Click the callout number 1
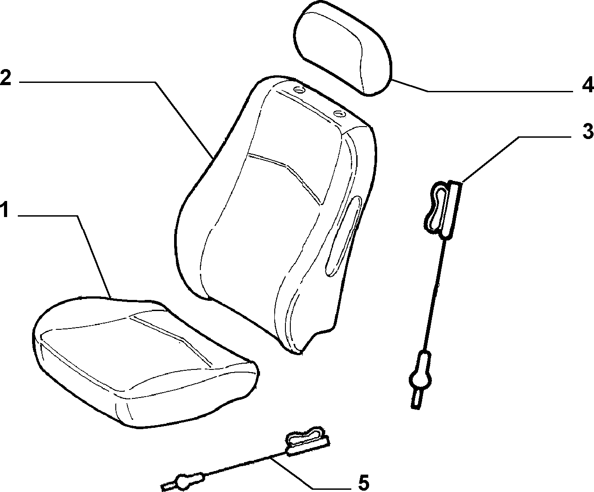coord(5,209)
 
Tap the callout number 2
coord(6,77)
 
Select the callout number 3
coord(587,131)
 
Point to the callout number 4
coord(587,85)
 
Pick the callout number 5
coord(363,483)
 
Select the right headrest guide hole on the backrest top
coord(340,113)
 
